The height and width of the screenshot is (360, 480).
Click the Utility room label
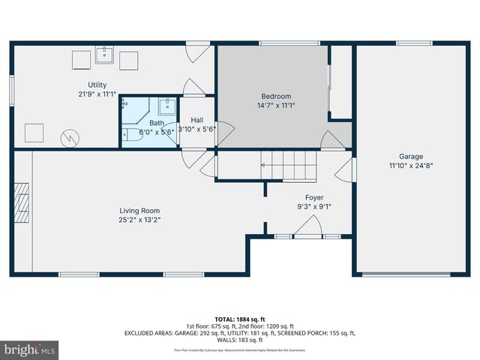pos(97,85)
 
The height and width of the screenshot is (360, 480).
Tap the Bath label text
pos(156,123)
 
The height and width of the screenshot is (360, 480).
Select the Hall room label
pos(197,120)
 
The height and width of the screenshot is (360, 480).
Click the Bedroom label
pos(275,96)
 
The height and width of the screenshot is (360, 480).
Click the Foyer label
pos(313,198)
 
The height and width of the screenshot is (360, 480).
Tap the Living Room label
pos(139,211)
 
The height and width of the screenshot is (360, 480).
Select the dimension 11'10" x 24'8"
pos(400,166)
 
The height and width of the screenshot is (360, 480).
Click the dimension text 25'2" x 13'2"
pos(139,220)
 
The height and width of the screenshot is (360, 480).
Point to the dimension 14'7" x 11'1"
pos(275,106)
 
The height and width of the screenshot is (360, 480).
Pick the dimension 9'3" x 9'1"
pos(313,207)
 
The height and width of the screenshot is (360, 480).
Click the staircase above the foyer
pos(289,165)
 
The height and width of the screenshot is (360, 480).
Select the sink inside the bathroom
pos(168,105)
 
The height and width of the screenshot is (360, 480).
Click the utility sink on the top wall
pos(103,56)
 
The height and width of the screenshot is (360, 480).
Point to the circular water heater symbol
pos(69,137)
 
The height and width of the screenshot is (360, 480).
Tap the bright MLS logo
pos(29,349)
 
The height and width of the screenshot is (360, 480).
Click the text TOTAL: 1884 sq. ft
pos(239,319)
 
